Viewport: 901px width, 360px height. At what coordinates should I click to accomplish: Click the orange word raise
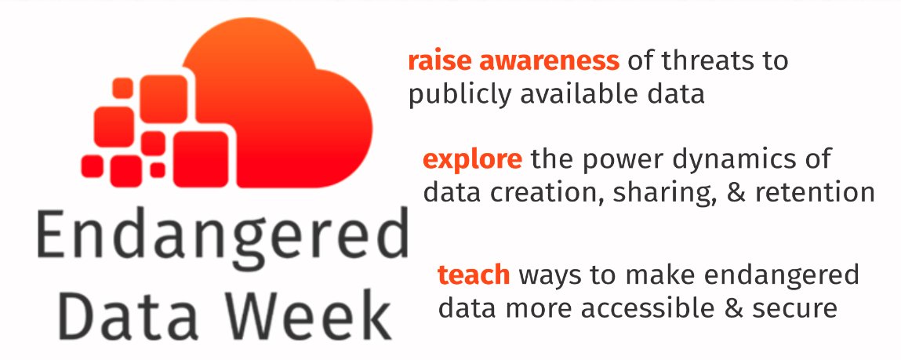tap(434, 61)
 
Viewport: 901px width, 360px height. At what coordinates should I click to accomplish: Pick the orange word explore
tap(472, 160)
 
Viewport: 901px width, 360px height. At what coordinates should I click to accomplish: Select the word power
tap(621, 160)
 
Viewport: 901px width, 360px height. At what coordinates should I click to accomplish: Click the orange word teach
tap(474, 275)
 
